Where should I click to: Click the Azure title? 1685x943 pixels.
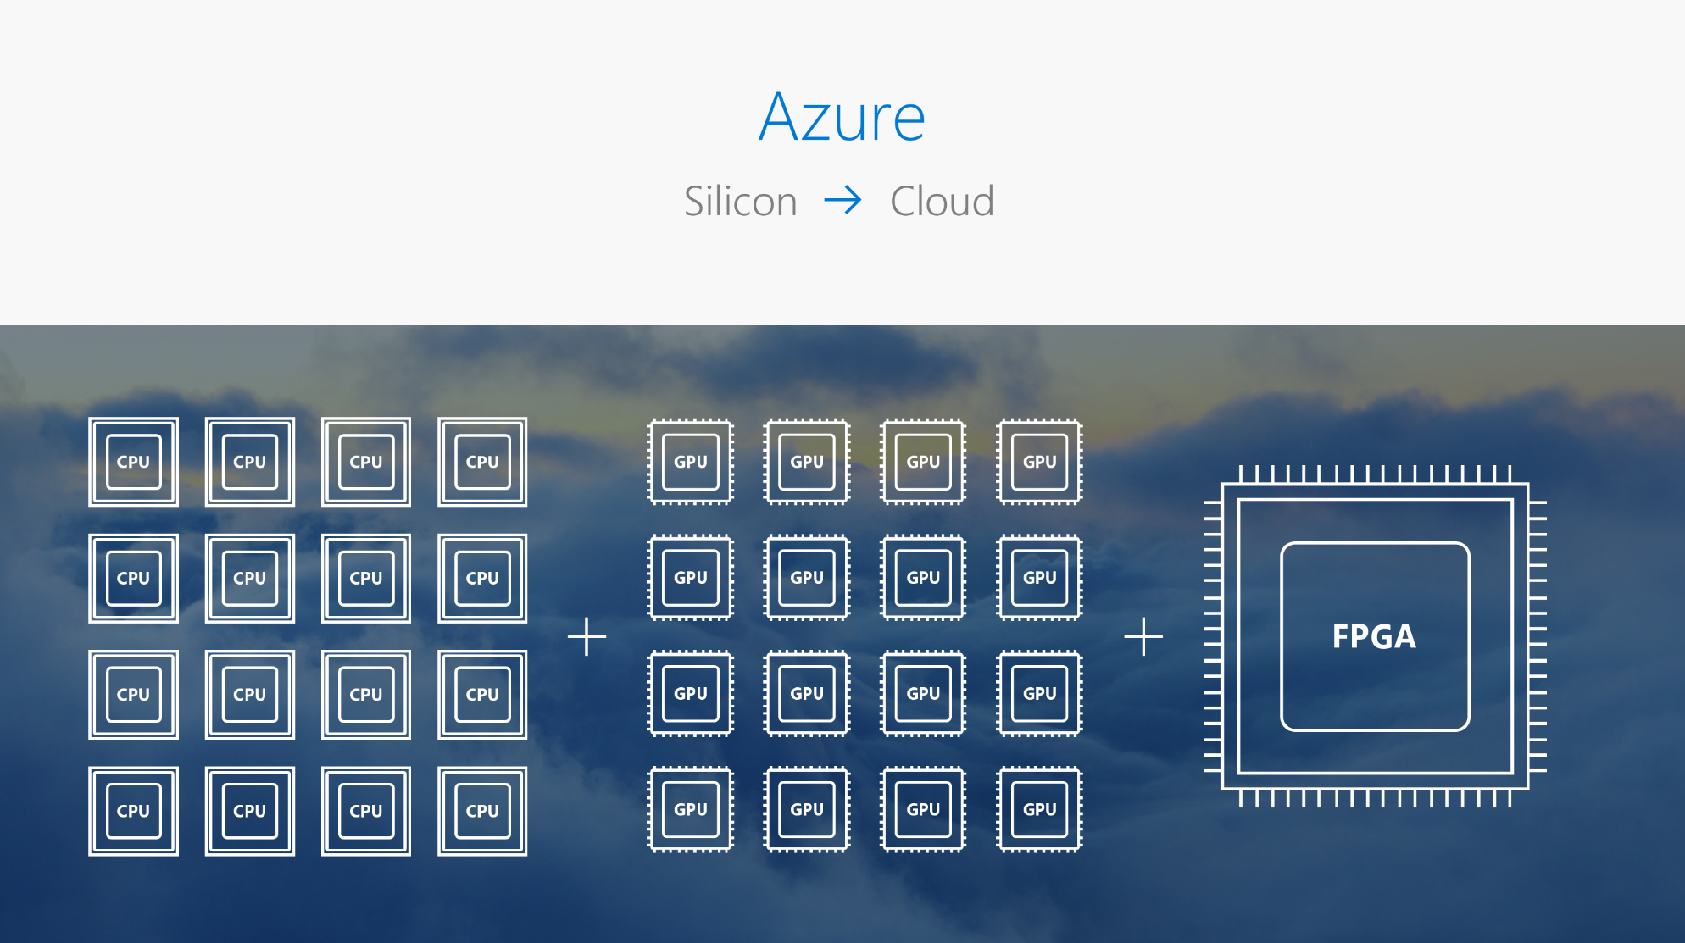842,117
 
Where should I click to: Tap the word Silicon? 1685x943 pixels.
740,202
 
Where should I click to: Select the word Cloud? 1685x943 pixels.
942,202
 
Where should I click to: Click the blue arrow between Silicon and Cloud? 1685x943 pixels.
842,201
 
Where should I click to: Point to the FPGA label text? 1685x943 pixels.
1374,636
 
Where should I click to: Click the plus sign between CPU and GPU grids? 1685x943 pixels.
587,636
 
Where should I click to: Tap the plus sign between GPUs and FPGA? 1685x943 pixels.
1143,636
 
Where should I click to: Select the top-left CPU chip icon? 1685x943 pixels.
133,462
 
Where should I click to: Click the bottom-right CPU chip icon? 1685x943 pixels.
482,811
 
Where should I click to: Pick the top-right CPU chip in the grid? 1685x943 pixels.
482,462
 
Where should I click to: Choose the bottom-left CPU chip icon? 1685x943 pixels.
133,811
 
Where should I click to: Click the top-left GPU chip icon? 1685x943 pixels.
691,462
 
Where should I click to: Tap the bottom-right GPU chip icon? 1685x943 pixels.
1040,809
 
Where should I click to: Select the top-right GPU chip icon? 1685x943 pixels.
1040,462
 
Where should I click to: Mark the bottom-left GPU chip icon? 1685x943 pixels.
691,809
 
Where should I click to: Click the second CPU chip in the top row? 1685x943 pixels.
250,462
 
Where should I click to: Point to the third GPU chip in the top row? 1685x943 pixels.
923,462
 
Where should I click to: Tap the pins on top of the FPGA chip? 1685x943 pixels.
1374,474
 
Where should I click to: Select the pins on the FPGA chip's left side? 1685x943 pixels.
1213,636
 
